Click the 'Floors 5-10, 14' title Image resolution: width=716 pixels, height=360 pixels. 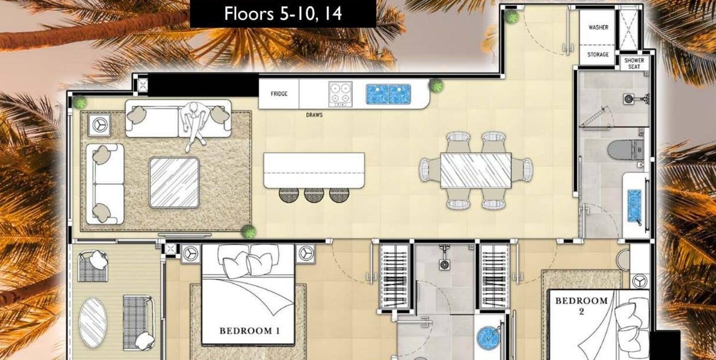283,14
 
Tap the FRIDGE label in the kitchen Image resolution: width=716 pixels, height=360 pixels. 279,93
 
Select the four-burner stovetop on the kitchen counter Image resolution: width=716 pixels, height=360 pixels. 341,94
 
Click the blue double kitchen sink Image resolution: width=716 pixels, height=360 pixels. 388,94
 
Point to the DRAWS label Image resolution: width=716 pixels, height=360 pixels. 314,115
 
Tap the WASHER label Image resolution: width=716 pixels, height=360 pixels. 598,27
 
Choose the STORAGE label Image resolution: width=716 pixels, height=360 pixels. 598,55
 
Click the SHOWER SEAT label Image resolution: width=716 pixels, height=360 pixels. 634,63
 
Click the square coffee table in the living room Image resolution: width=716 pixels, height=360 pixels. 174,182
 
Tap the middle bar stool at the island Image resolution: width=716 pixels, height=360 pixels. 314,194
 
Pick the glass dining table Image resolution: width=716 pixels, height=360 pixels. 476,170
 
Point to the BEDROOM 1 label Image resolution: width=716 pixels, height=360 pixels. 250,331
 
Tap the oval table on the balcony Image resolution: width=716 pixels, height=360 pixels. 93,323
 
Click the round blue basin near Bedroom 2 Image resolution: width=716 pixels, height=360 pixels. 488,338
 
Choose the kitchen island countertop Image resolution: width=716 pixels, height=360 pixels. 314,170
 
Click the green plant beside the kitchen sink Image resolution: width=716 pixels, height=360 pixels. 436,86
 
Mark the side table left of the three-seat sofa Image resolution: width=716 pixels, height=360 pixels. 99,125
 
